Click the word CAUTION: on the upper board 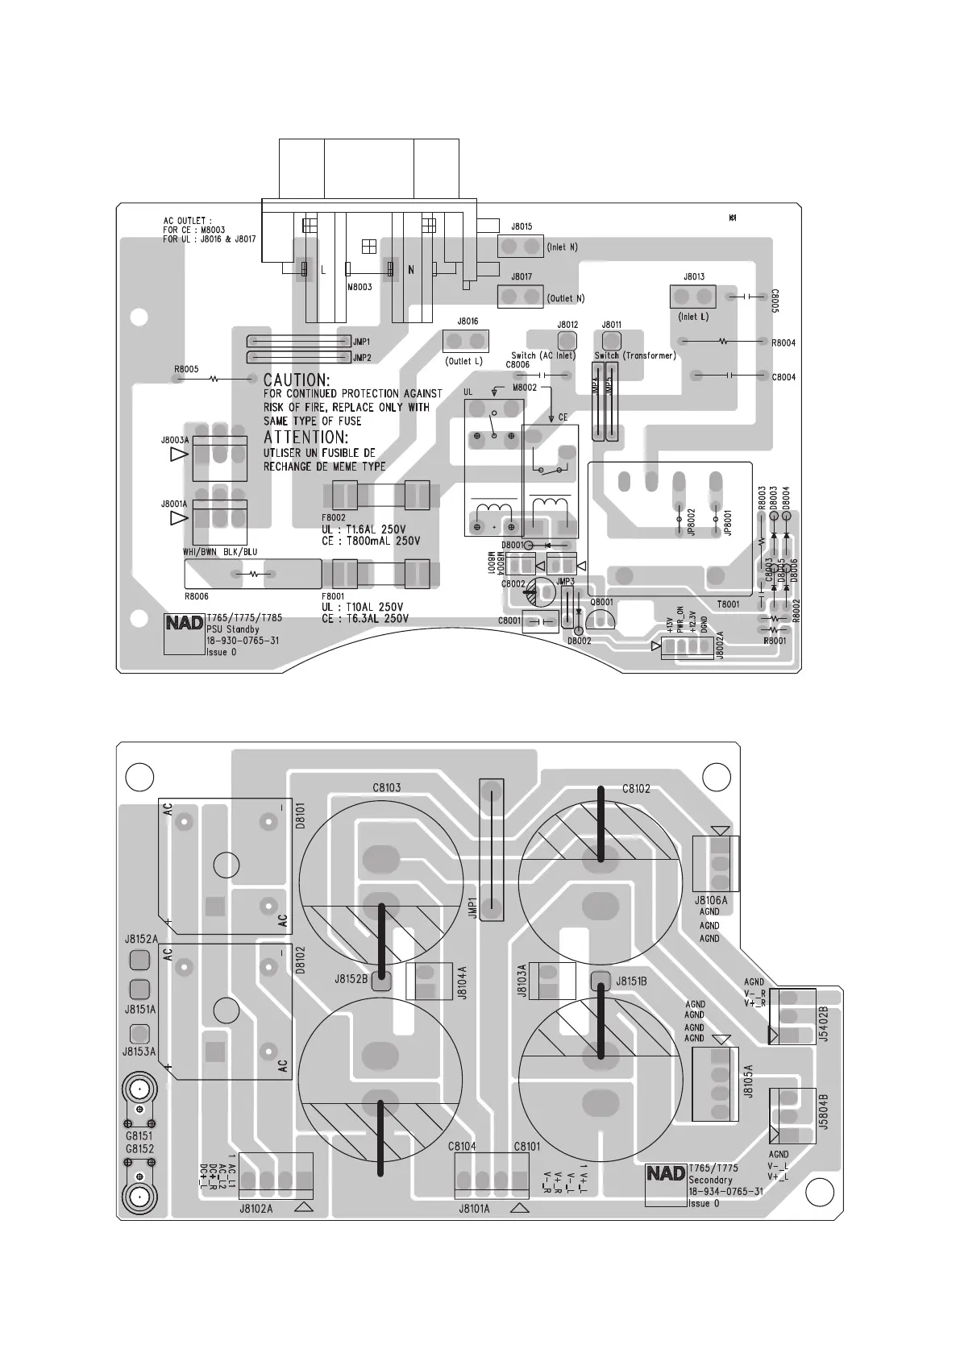click(x=297, y=379)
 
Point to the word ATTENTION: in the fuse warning click(x=306, y=438)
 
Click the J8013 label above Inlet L click(x=694, y=277)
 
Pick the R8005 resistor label click(x=186, y=369)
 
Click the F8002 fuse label click(x=334, y=518)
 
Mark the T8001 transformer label click(x=728, y=604)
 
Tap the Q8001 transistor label click(x=601, y=602)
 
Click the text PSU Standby click(x=233, y=629)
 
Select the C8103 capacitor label click(x=387, y=788)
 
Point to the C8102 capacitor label click(x=636, y=789)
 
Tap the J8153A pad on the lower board click(x=139, y=1034)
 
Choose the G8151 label click(x=139, y=1136)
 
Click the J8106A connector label click(x=710, y=900)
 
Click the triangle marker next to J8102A click(x=304, y=1207)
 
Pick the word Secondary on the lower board click(x=710, y=1180)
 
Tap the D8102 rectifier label click(x=300, y=961)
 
